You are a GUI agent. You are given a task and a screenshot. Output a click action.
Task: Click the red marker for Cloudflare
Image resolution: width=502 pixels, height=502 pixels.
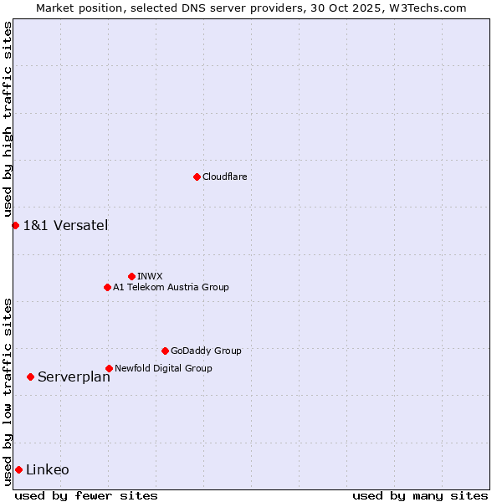(197, 177)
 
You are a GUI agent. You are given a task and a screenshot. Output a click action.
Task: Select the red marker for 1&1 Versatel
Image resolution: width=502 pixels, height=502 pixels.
(15, 225)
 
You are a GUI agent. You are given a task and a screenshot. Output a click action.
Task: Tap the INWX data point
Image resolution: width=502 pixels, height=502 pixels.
(131, 276)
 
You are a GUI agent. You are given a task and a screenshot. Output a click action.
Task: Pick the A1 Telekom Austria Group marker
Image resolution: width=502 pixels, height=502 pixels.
(107, 287)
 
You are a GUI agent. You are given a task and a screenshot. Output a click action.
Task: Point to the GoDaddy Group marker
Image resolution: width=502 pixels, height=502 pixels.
(165, 351)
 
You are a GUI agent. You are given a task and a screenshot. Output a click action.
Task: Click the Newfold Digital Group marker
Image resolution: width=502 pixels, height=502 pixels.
(109, 368)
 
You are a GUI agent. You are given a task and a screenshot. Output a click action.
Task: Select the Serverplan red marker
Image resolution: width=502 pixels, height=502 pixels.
(30, 376)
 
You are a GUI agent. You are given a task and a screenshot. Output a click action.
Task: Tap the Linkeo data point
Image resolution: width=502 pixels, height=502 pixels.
(18, 469)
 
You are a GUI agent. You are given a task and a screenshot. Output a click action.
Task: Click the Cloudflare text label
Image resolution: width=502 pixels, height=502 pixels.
(224, 177)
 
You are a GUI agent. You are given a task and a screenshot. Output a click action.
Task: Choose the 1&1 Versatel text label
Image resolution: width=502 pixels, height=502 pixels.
(65, 225)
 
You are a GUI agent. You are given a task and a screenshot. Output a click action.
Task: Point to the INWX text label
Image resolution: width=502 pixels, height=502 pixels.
(150, 276)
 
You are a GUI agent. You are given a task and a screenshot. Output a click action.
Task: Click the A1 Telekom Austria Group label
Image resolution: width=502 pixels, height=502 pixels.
(171, 287)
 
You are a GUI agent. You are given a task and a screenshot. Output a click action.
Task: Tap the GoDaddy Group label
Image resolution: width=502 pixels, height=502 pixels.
(206, 351)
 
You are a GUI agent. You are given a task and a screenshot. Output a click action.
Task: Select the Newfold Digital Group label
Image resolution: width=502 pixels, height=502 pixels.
(163, 368)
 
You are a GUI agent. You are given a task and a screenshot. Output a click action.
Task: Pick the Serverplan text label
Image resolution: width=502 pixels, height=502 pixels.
(74, 376)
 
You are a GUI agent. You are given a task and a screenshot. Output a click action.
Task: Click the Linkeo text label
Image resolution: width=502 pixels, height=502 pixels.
(48, 469)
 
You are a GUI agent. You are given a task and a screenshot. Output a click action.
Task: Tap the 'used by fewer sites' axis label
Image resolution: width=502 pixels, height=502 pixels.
(86, 495)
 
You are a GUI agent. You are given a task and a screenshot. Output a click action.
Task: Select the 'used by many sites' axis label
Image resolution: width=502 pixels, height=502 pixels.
(420, 495)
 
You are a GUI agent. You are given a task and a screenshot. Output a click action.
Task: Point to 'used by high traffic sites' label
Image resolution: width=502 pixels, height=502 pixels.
(8, 120)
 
